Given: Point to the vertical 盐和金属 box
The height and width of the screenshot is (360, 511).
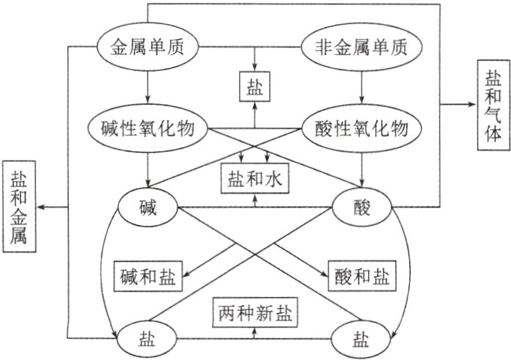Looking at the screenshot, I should (x=19, y=207).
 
